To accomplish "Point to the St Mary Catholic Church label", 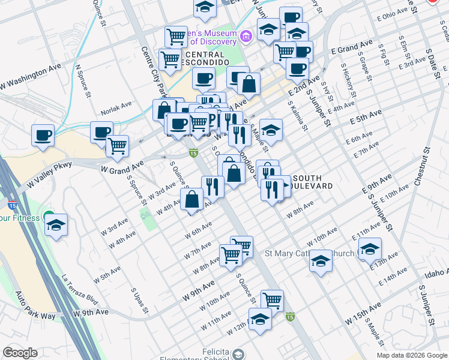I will pyautogui.click(x=310, y=253).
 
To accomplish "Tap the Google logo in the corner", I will pyautogui.click(x=20, y=353).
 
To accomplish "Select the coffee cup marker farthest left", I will pyautogui.click(x=43, y=136).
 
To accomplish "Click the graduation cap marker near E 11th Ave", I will pyautogui.click(x=370, y=248).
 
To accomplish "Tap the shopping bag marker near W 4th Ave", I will pyautogui.click(x=191, y=200).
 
